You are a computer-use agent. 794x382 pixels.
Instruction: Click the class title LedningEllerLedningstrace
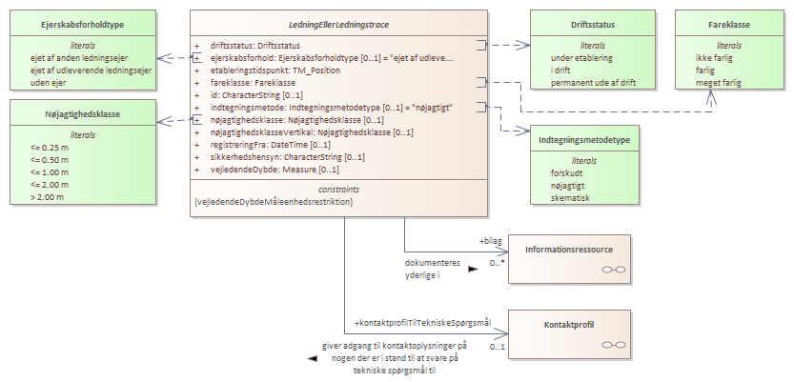point(337,22)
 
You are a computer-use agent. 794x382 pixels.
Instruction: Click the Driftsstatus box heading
point(583,22)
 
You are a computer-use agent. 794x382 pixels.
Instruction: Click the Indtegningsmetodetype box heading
point(583,140)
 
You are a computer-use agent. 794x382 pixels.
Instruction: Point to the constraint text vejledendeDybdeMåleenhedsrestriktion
point(273,202)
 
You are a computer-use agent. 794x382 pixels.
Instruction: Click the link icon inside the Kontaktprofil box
point(614,344)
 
